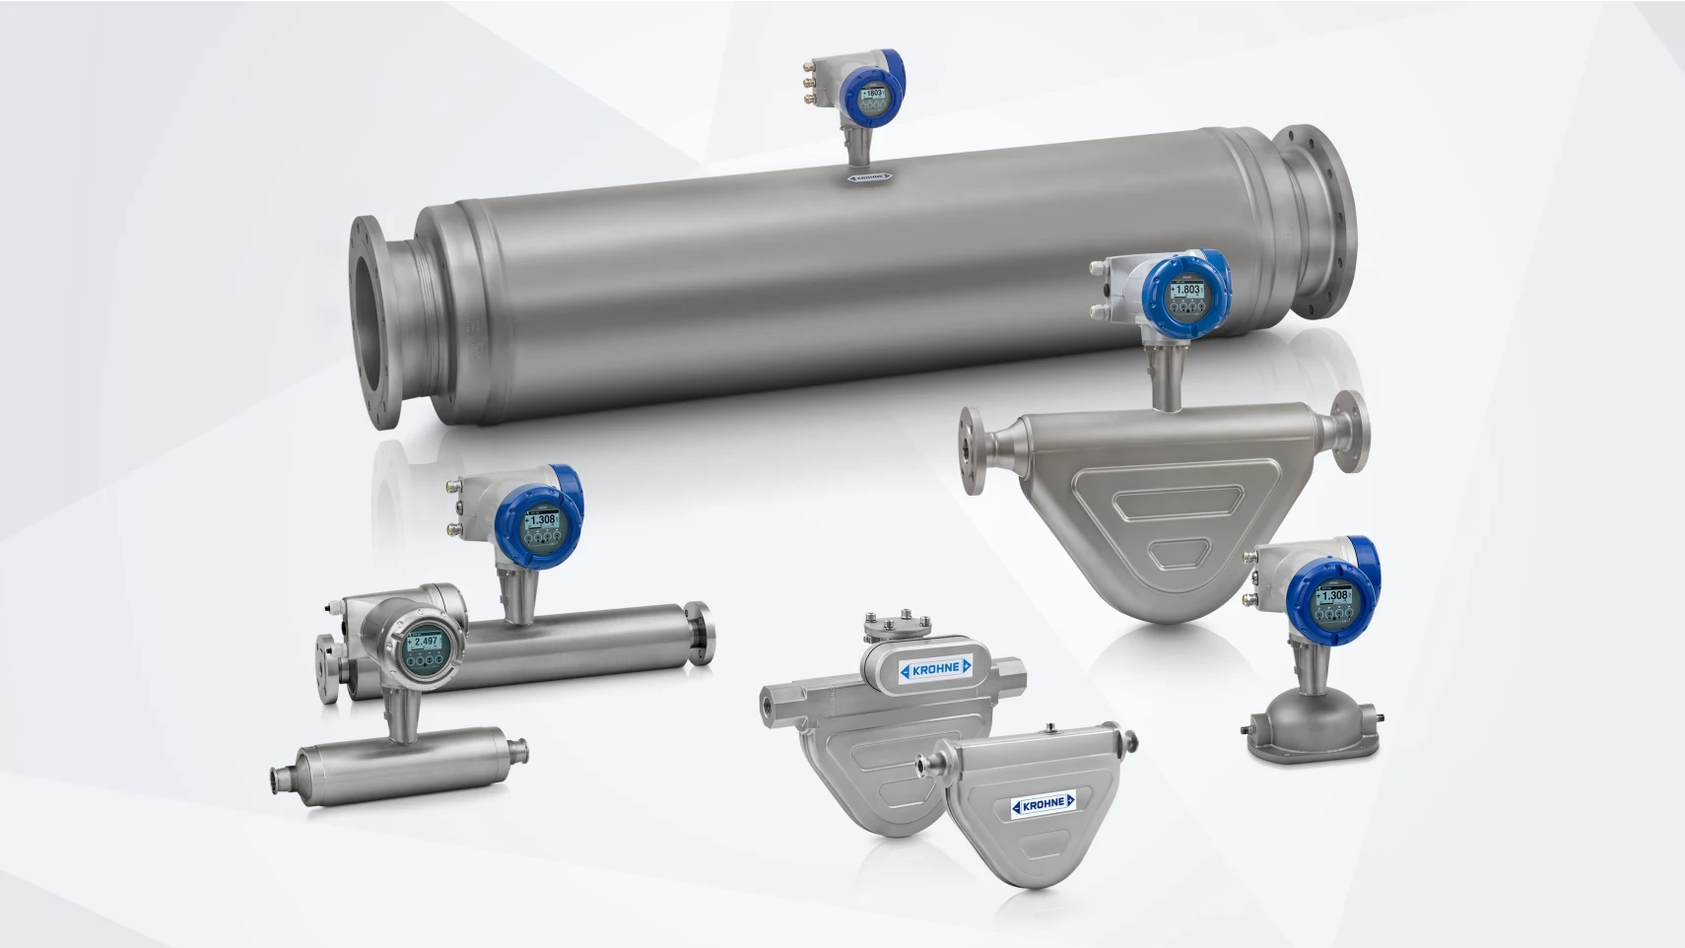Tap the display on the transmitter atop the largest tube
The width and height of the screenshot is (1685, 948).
(x=872, y=95)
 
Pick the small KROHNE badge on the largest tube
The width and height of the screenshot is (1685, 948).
(x=869, y=177)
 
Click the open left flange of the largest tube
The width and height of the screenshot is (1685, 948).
(x=374, y=323)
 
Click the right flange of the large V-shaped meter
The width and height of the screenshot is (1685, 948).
(x=1350, y=431)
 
